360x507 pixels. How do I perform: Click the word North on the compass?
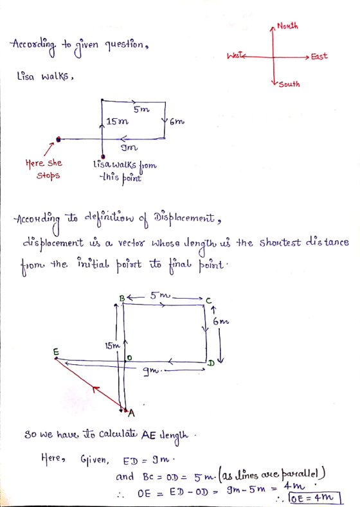tap(287, 26)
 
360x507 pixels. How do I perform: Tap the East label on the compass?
tap(319, 57)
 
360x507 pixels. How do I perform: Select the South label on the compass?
tap(289, 84)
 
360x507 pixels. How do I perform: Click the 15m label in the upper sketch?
tap(118, 121)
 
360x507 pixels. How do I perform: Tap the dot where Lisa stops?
tap(59, 139)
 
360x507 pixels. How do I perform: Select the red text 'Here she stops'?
tap(44, 170)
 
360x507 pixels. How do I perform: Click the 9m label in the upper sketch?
tap(129, 148)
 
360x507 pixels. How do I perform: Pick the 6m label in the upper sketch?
tap(177, 122)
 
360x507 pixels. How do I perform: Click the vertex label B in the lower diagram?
tap(122, 298)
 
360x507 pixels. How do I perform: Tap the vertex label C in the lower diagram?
tap(209, 300)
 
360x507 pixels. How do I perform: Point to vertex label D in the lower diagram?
tap(211, 363)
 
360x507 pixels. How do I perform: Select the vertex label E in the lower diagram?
tap(56, 351)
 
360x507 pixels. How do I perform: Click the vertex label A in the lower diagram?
tap(131, 413)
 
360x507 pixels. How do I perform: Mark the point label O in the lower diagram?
tap(129, 358)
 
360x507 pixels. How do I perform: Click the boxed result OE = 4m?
tap(315, 498)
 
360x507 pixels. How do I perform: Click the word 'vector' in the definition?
tap(132, 242)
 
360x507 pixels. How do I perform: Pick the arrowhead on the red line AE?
tap(94, 388)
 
